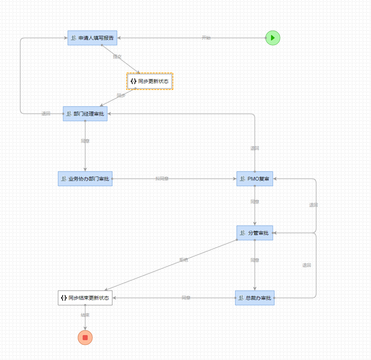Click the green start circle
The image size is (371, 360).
coord(272,38)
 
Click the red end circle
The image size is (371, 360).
coord(85,338)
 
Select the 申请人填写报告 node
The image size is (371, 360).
coord(92,38)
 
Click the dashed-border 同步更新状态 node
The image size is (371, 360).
coord(150,81)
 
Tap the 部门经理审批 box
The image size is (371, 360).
coord(85,114)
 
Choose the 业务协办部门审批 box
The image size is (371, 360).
coord(85,179)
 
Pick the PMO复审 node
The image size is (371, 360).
coord(255,179)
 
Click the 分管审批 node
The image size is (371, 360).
coord(255,233)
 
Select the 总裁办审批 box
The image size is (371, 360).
coord(255,298)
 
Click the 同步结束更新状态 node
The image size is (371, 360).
coord(85,298)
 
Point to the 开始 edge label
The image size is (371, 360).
coord(206,38)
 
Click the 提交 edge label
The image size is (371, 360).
coord(117,57)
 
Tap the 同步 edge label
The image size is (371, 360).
coord(121,96)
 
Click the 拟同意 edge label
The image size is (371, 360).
coord(162,179)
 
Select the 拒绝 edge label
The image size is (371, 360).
coord(184,260)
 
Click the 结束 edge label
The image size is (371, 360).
coord(85,315)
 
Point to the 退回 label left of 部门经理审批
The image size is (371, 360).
coord(46,114)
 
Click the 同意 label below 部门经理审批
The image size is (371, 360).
coord(85,141)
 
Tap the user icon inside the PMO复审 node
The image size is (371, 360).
coord(242,179)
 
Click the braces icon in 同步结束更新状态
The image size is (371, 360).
coord(64,298)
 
